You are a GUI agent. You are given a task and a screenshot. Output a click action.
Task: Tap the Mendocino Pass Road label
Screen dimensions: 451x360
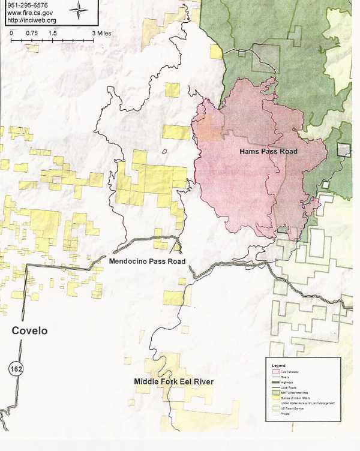point(146,261)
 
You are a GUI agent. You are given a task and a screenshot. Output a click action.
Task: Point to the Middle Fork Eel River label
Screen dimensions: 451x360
point(173,381)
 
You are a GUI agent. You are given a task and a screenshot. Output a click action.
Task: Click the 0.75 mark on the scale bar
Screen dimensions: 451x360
point(32,34)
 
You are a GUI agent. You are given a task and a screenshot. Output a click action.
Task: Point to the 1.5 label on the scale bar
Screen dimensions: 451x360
point(53,34)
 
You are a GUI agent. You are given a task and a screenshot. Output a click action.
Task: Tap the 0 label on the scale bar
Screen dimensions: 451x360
point(11,34)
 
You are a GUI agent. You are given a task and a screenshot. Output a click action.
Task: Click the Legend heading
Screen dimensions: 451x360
point(278,365)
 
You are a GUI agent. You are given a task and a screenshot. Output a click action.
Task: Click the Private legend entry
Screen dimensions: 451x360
point(286,413)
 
